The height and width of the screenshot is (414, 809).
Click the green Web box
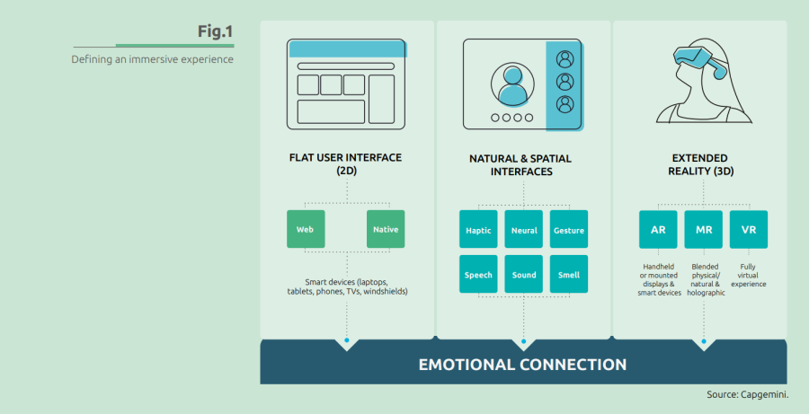pos(306,229)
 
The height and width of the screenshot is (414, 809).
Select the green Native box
pos(386,229)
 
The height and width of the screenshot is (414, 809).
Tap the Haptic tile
pos(478,229)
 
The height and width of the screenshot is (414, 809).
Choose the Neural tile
pos(524,229)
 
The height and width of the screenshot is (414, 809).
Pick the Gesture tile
pos(569,229)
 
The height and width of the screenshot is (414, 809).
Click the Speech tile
pos(478,274)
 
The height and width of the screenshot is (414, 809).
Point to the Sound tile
pos(524,274)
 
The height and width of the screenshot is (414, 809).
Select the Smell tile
pos(569,274)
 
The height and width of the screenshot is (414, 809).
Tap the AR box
pos(658,229)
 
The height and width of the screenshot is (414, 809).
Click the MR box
pos(703,229)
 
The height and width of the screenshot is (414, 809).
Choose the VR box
pos(749,229)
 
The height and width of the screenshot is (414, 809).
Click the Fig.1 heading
pos(215,31)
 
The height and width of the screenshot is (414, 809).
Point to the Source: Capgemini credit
pos(748,395)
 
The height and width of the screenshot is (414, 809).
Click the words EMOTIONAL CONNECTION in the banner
pos(522,365)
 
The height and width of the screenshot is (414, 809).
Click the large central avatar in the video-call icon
pos(512,84)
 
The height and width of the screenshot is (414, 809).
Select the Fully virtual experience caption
pos(748,276)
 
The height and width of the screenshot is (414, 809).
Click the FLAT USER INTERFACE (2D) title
pos(346,164)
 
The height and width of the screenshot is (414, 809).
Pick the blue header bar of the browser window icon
pos(347,48)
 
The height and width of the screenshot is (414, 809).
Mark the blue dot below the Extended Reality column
pos(703,341)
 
